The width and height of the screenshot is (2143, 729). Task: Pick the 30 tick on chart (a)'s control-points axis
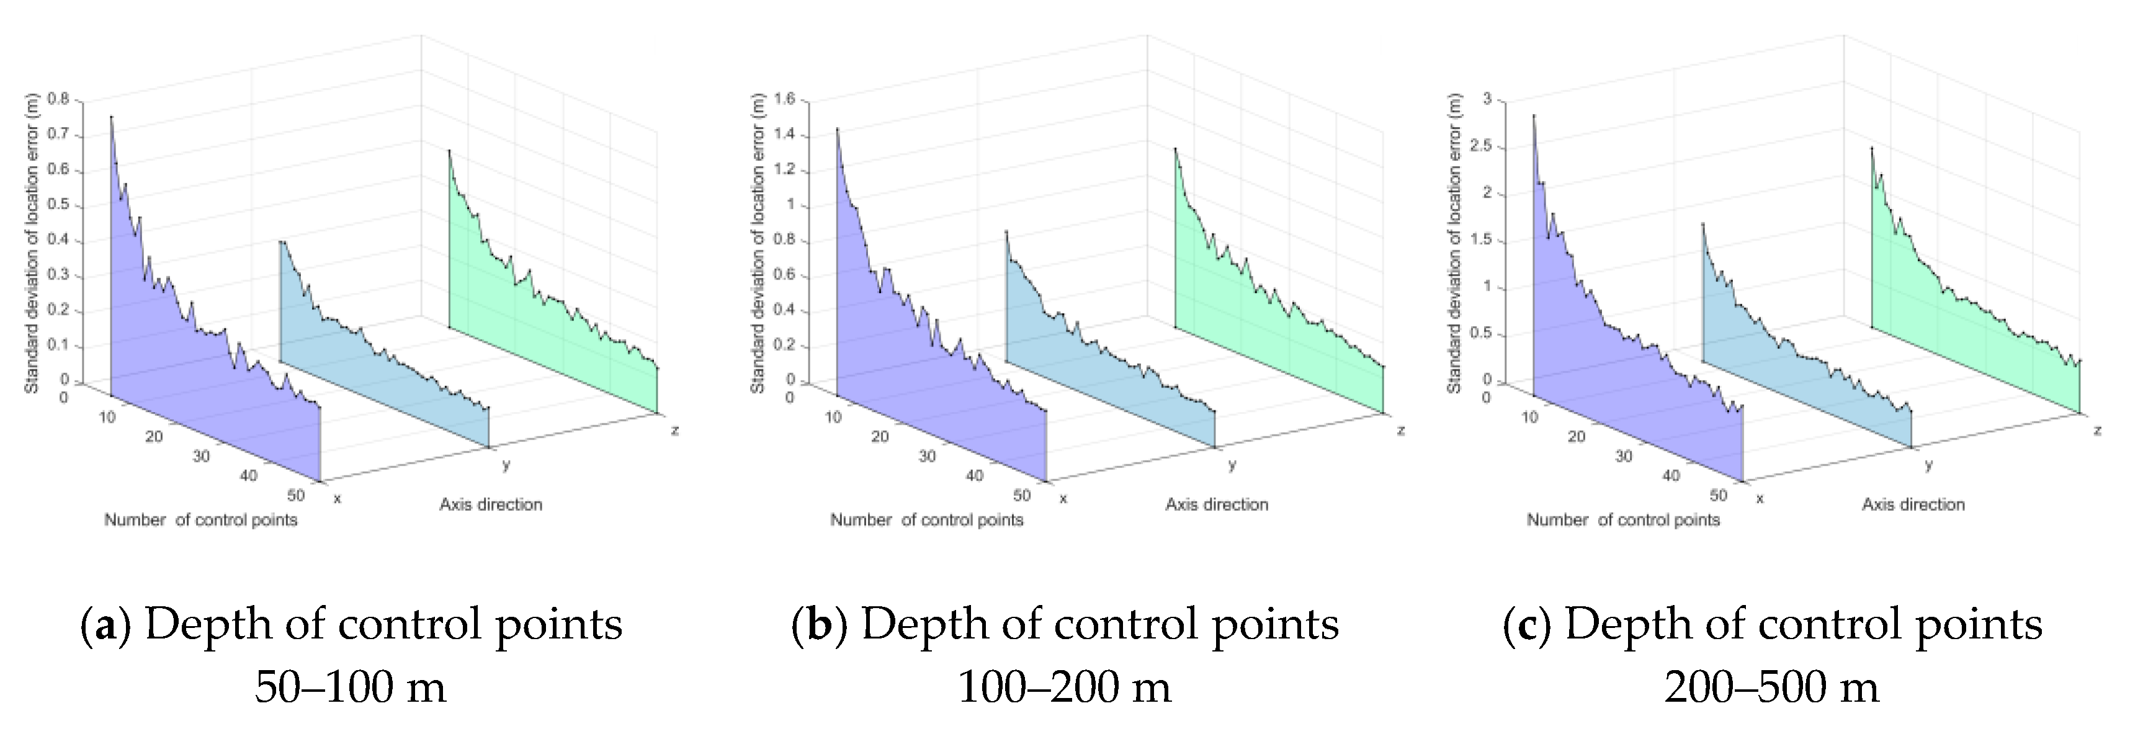click(201, 456)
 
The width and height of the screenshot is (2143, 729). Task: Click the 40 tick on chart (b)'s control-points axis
click(974, 475)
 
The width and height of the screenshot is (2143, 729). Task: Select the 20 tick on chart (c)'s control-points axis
click(1577, 436)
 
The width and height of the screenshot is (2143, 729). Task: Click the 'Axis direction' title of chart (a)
click(491, 505)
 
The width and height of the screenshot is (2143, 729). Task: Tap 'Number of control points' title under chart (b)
click(927, 520)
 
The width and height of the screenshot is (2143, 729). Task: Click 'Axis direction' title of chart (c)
click(1913, 505)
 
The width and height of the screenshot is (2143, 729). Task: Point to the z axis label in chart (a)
click(674, 431)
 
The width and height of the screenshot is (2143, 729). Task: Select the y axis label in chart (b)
click(1232, 465)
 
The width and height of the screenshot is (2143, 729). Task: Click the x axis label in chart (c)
click(1760, 499)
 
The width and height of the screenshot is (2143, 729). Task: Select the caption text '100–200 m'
click(1064, 687)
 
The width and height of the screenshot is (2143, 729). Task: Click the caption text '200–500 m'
click(1772, 687)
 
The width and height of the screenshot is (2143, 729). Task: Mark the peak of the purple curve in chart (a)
click(110, 117)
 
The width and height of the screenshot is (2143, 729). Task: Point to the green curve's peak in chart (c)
click(1872, 148)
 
